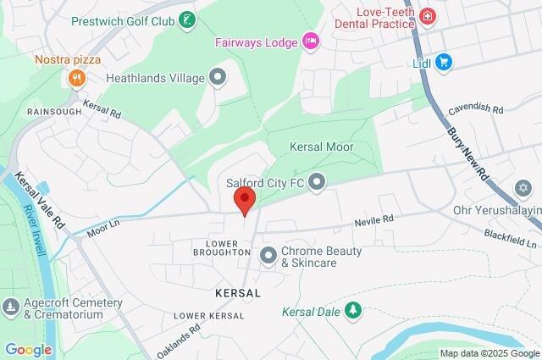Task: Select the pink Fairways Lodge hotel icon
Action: coord(311,40)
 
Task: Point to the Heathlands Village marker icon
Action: coord(219,79)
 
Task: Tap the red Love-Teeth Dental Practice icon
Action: coord(427,16)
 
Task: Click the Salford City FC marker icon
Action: coord(318,180)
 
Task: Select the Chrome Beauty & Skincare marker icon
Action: coord(268,255)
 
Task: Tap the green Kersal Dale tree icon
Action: coord(353,312)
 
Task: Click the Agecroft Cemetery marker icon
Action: coord(10,306)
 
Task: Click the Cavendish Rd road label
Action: coord(476,109)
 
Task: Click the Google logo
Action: coord(29,350)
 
